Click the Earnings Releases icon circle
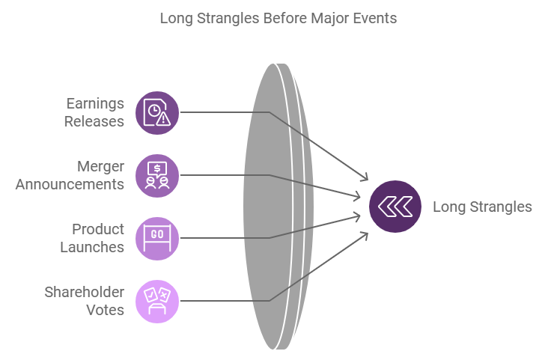point(157,112)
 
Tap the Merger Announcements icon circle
point(157,175)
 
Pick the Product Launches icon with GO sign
point(157,238)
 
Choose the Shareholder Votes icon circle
point(157,301)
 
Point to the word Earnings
point(95,103)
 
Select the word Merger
point(100,166)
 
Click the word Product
point(98,229)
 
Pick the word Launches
point(92,247)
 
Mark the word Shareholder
point(83,292)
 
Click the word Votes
point(105,310)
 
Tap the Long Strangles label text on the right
point(482,207)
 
